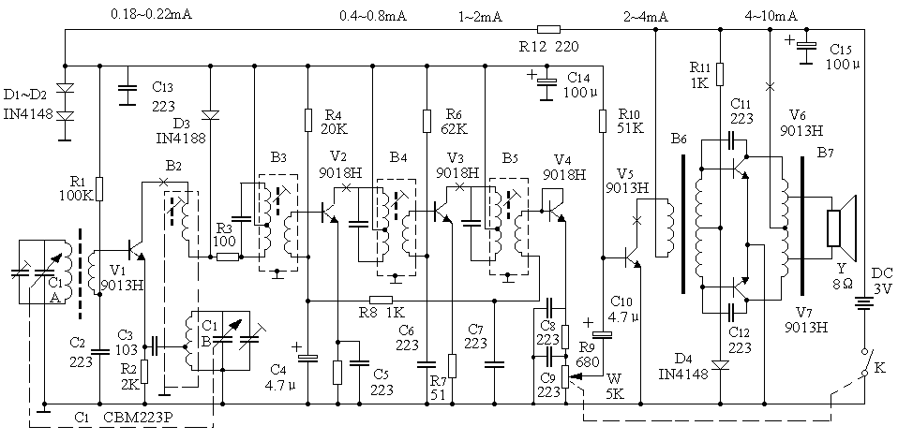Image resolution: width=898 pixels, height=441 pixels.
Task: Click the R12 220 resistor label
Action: [555, 45]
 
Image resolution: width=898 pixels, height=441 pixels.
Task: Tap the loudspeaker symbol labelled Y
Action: [841, 228]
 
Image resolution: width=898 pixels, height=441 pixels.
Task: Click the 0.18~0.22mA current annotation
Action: [152, 16]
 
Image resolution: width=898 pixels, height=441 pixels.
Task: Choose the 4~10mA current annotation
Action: [771, 16]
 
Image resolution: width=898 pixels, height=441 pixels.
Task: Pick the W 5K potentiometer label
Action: [614, 386]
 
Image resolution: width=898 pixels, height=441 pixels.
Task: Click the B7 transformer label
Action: [826, 152]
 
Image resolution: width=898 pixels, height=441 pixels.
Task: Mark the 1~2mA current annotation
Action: [480, 16]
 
